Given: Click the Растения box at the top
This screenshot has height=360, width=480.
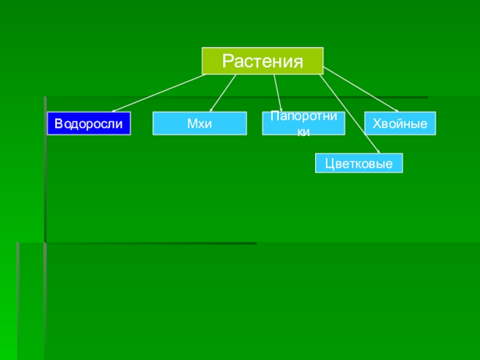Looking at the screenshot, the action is pos(262,61).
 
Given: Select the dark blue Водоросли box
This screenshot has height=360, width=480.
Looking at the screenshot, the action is pos(89,124).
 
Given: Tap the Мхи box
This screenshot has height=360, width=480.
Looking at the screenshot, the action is pos(200,124).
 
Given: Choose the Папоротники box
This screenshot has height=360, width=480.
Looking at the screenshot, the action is pos(304,123).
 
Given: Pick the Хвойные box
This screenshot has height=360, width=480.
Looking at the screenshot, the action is pos(400,124).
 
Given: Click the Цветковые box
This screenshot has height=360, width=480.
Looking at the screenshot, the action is pos(359,163).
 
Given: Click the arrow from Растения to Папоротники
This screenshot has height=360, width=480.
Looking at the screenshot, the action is pos(278,93).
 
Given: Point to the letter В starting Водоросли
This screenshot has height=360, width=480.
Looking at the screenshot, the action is pos(58,124).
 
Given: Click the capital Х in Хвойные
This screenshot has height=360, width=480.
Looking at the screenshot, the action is pos(377,124).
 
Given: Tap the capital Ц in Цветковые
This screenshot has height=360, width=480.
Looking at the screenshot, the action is pos(329,164).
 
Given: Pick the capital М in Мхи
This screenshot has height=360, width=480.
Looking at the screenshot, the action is pos(191,124).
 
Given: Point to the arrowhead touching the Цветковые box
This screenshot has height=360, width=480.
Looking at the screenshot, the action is pos(379,152).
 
